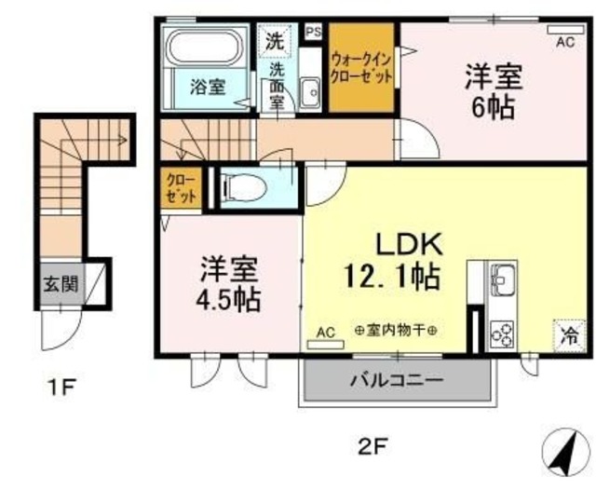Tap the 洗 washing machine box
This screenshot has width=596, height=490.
274,40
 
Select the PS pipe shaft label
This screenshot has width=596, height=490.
312,30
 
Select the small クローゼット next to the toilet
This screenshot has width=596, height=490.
180,189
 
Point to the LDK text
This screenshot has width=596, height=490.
406,245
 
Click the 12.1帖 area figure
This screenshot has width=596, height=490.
390,277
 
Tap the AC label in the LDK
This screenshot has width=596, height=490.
325,332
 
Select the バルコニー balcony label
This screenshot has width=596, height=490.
396,380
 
